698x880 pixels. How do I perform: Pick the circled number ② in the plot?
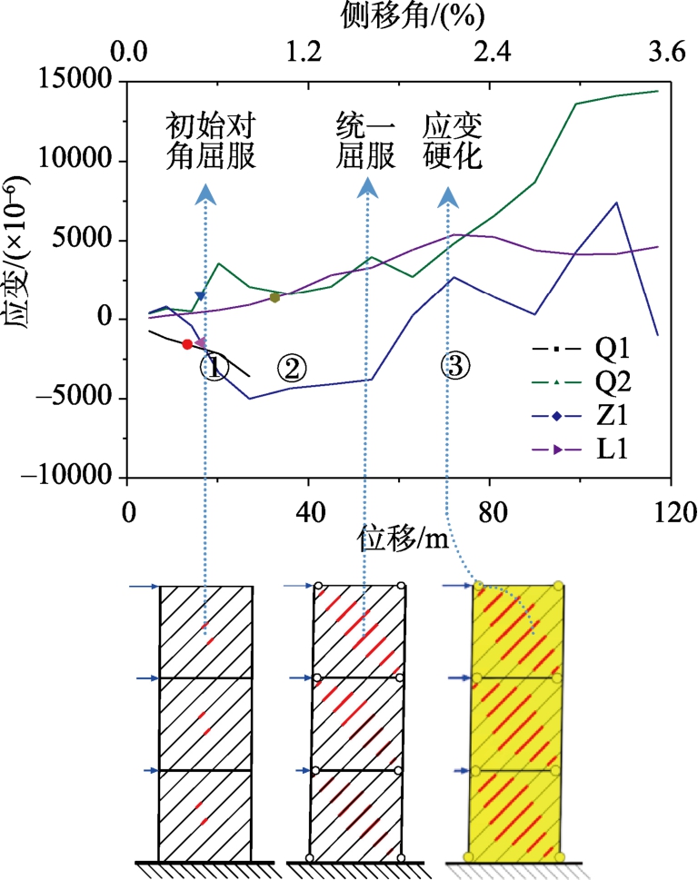292,367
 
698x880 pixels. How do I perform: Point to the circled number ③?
454,365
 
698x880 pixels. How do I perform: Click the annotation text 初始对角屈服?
209,142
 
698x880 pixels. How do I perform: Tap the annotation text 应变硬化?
453,142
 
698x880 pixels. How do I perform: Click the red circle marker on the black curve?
187,344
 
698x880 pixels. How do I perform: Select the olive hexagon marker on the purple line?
274,297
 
